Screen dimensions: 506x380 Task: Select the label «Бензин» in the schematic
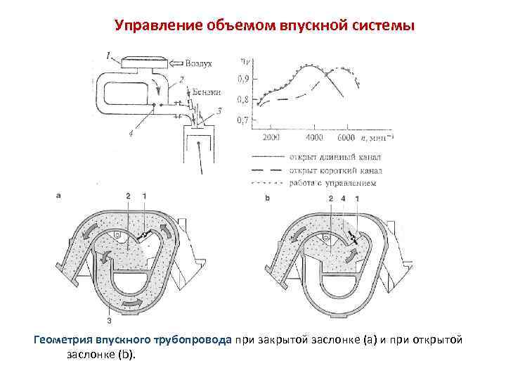pyautogui.click(x=205, y=93)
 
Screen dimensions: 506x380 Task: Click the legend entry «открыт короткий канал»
pyautogui.click(x=335, y=170)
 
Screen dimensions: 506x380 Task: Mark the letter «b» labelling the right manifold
pyautogui.click(x=268, y=199)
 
